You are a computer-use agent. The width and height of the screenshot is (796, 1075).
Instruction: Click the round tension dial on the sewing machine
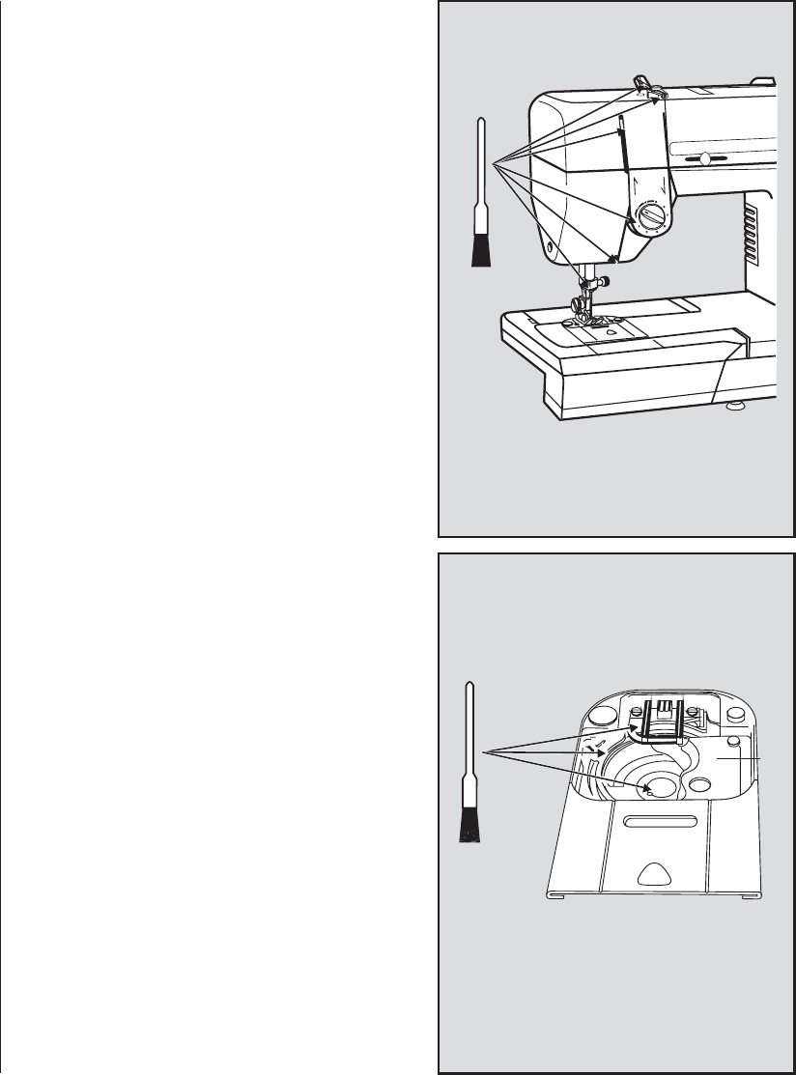coord(651,216)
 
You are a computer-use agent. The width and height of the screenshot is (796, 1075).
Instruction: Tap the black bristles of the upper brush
coord(480,249)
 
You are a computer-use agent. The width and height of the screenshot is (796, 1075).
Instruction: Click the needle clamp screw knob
coord(603,281)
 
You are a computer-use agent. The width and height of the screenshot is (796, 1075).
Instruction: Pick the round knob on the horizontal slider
coord(705,159)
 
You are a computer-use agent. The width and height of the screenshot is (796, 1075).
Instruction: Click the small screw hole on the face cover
coord(550,247)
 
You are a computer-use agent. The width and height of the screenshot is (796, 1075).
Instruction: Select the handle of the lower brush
coord(469,734)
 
